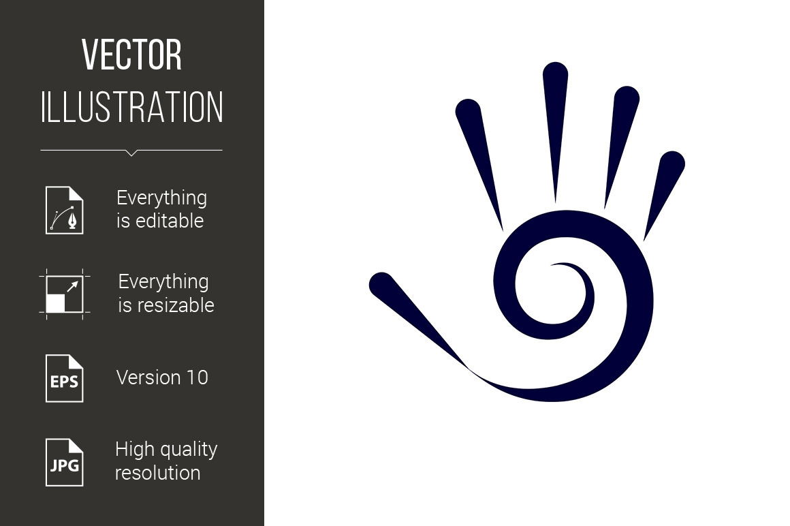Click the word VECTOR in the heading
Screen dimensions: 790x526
tap(131, 55)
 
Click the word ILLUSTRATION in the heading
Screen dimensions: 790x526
tap(131, 107)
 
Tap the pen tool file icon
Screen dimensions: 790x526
tap(65, 210)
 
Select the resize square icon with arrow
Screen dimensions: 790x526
tap(65, 294)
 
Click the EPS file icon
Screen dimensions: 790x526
tap(65, 378)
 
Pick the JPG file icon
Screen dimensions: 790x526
tap(65, 463)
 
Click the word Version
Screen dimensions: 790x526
tap(148, 377)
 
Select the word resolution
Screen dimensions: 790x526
tap(158, 473)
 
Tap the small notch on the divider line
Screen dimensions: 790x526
tap(131, 153)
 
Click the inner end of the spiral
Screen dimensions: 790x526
tap(553, 264)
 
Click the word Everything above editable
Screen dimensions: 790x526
tap(161, 198)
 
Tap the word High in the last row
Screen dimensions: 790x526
tap(133, 449)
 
